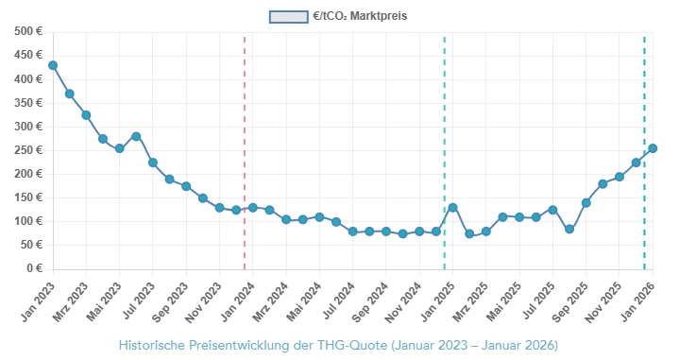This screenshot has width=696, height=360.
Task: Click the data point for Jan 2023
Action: coord(53,65)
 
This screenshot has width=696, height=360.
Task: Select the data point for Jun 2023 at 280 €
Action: coord(136,136)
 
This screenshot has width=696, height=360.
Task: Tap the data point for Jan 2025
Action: coord(452,207)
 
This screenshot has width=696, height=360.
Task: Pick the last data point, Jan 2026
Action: coord(653,148)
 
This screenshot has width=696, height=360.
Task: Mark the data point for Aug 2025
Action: coord(569,229)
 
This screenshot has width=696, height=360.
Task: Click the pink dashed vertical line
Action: coord(245,151)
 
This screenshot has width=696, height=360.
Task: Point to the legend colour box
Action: coord(288,17)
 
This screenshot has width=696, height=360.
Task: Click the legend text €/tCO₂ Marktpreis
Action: coord(360,17)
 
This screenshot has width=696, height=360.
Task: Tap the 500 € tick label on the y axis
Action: coord(28,32)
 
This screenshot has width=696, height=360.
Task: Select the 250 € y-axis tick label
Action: coord(28,150)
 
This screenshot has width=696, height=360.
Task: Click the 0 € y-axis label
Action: coord(35,268)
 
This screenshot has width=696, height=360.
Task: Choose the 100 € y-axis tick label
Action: coord(28,221)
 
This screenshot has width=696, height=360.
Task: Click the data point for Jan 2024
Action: coord(252,207)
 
